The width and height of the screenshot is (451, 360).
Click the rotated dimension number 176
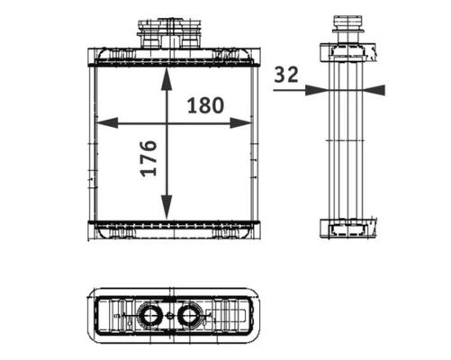(149, 158)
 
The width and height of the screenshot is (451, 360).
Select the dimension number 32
(287, 75)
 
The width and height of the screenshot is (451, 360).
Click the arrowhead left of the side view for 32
(317, 90)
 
